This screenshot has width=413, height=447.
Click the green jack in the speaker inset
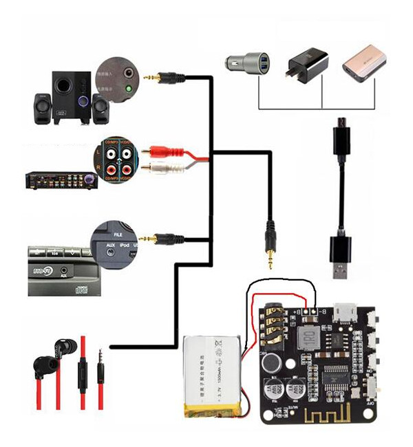click(129, 88)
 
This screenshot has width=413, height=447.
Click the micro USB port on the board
click(342, 312)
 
